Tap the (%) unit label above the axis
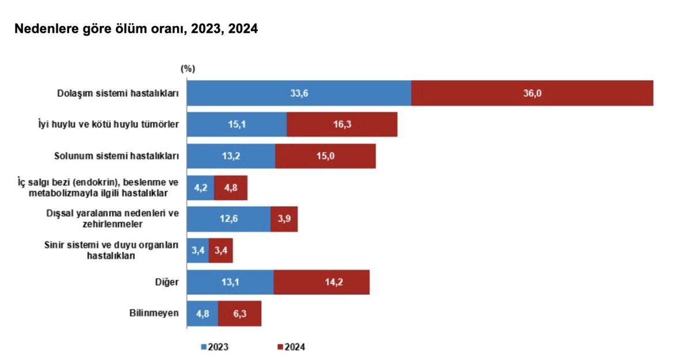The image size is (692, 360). [x=188, y=69]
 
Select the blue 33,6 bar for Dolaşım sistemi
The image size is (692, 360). [x=299, y=93]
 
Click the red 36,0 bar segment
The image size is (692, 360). [x=532, y=93]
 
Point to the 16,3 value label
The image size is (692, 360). [x=343, y=124]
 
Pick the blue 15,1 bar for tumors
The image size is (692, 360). [x=237, y=124]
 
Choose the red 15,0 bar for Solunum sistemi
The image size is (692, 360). [x=325, y=156]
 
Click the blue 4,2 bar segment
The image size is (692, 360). [x=201, y=187]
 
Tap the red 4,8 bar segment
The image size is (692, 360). [x=231, y=187]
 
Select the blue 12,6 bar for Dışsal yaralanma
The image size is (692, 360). [x=229, y=219]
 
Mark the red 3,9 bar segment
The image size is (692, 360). [x=284, y=219]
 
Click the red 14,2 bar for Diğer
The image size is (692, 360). [x=321, y=282]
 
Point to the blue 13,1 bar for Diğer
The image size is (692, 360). [x=230, y=282]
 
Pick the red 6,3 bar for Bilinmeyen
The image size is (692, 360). [x=239, y=313]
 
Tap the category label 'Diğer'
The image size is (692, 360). [x=168, y=282]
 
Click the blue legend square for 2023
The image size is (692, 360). [x=203, y=347]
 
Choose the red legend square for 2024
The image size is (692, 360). [x=280, y=347]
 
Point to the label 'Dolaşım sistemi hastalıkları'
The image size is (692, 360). [x=118, y=93]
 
